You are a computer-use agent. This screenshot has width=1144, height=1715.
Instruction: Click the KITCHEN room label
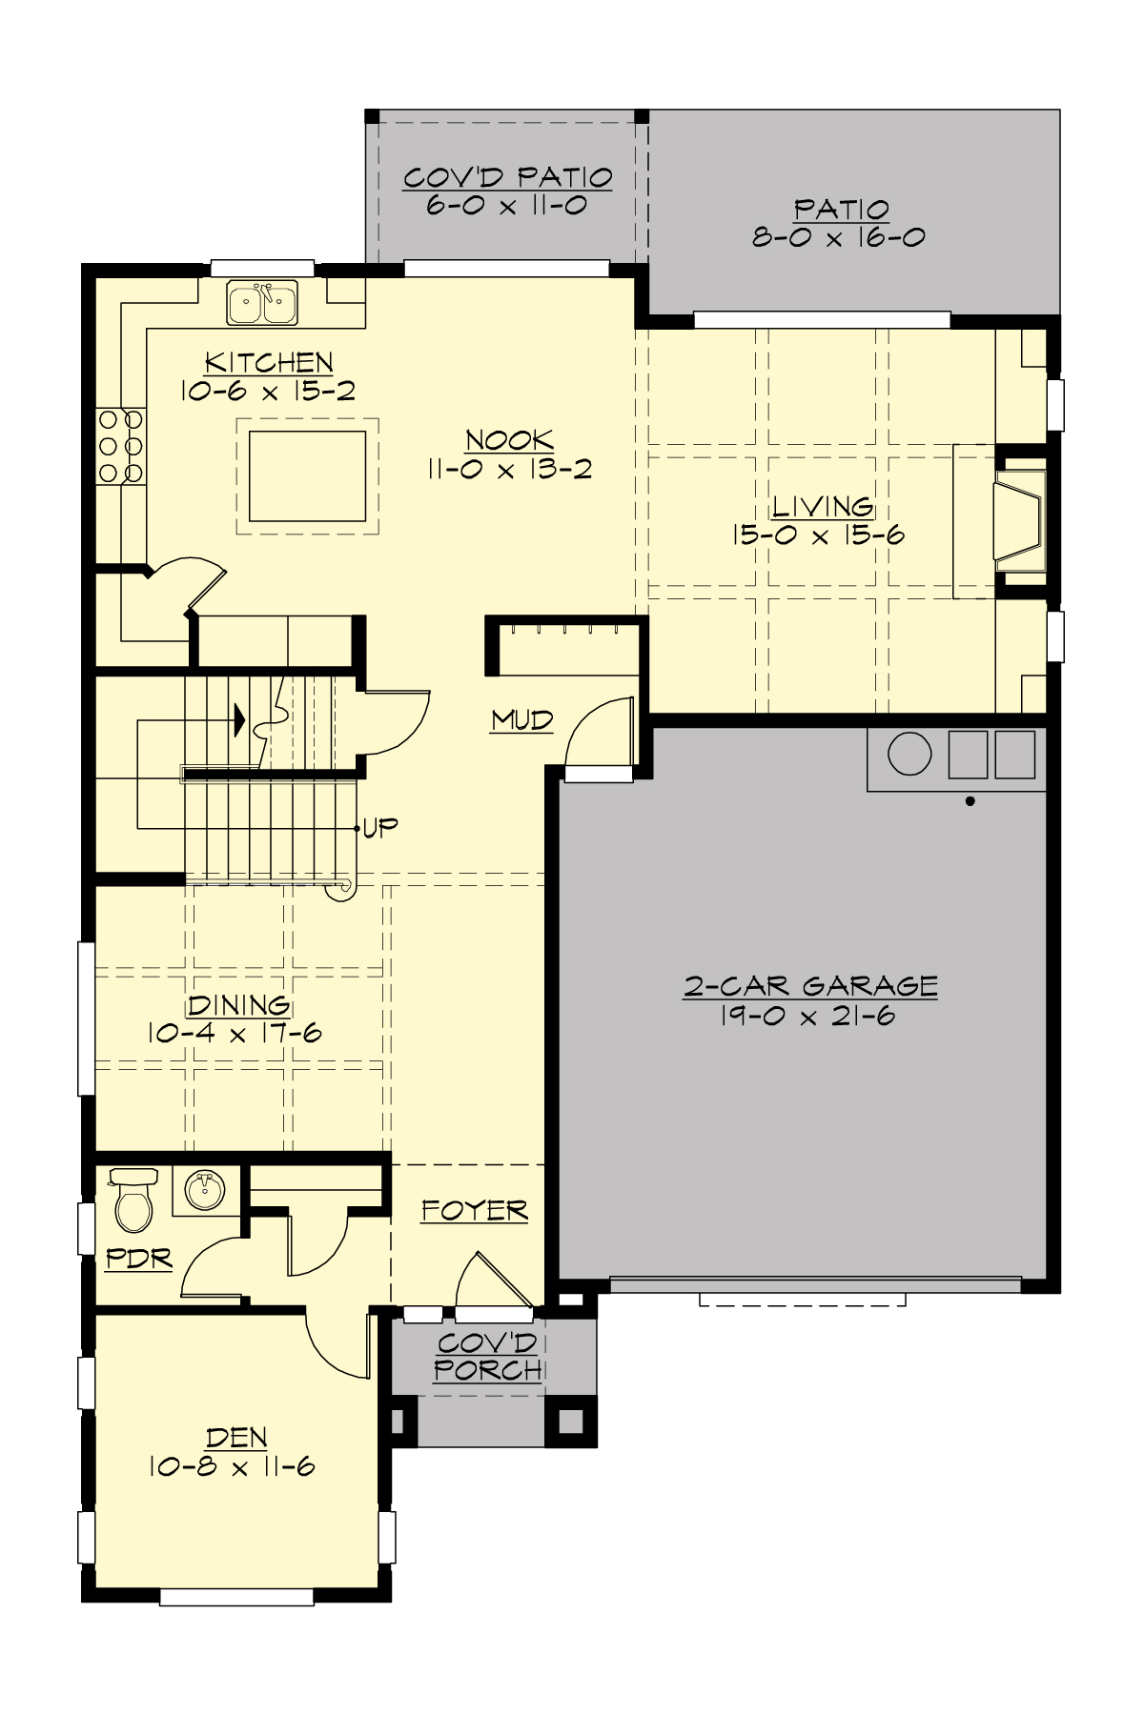pyautogui.click(x=269, y=363)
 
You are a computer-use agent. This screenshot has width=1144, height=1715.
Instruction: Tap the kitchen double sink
pyautogui.click(x=262, y=303)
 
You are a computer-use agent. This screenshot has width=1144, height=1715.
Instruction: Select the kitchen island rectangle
pyautogui.click(x=307, y=475)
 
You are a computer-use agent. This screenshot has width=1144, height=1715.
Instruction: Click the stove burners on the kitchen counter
pyautogui.click(x=120, y=446)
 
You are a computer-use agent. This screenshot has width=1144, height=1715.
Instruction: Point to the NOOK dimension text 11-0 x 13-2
pyautogui.click(x=509, y=469)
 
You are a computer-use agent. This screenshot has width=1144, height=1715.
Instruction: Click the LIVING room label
pyautogui.click(x=822, y=506)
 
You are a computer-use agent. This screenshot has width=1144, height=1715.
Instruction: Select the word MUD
pyautogui.click(x=521, y=720)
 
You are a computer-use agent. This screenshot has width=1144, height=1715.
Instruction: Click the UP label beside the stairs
pyautogui.click(x=379, y=827)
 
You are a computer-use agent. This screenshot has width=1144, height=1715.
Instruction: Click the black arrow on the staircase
pyautogui.click(x=238, y=719)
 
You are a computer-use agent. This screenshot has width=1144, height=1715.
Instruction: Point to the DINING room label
pyautogui.click(x=238, y=1005)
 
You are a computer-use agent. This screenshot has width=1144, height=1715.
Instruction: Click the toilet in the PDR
pyautogui.click(x=133, y=1202)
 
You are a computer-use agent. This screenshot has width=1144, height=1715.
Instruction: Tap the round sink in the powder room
pyautogui.click(x=204, y=1191)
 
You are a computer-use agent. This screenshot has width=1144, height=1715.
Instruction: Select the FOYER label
pyautogui.click(x=474, y=1211)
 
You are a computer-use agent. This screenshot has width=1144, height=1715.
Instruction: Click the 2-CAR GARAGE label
pyautogui.click(x=810, y=986)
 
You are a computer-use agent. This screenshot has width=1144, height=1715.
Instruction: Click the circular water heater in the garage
pyautogui.click(x=909, y=754)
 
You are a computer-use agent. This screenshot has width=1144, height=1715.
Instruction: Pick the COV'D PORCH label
pyautogui.click(x=487, y=1357)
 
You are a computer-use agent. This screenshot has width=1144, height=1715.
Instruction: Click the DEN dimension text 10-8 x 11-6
pyautogui.click(x=232, y=1467)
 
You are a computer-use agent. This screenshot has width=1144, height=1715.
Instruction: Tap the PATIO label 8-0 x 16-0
pyautogui.click(x=839, y=223)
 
